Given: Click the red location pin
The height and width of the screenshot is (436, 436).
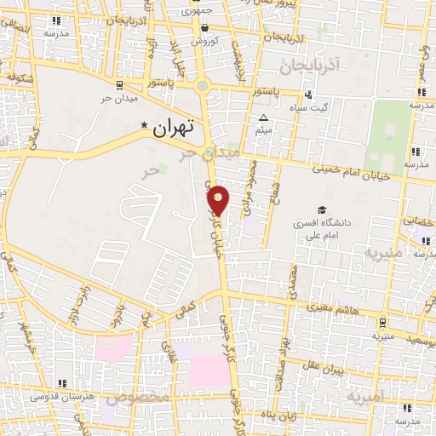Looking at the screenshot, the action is tap(219, 199).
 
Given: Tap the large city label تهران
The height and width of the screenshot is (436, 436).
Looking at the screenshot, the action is tap(173, 129).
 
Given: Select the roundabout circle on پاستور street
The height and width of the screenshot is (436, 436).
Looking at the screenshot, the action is tap(203, 85).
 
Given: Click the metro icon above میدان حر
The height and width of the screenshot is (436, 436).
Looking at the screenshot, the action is tap(119, 83).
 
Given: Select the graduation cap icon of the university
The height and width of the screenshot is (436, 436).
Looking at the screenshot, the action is tap(322, 209).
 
